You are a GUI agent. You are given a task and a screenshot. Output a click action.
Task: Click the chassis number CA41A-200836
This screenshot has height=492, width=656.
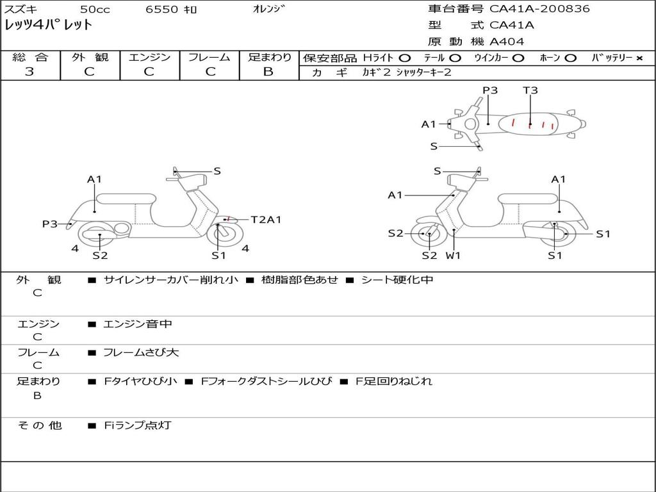click(539, 9)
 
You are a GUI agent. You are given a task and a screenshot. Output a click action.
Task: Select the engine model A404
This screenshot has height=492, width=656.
click(507, 42)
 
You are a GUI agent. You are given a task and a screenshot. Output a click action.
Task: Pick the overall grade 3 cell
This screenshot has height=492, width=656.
click(29, 72)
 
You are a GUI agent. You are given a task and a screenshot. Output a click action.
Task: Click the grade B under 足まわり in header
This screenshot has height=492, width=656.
click(268, 72)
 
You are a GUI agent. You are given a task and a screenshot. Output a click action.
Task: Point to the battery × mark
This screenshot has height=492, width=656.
click(639, 58)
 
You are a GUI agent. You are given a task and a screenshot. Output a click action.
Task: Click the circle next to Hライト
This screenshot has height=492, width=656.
click(405, 58)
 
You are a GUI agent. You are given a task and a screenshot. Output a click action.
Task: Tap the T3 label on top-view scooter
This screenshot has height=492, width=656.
click(530, 90)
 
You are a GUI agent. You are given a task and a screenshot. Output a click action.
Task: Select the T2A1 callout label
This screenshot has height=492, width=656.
click(266, 220)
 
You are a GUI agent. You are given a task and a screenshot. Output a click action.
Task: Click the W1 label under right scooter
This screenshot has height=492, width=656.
click(454, 256)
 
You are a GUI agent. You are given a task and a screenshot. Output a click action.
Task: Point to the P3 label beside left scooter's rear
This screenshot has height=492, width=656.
click(50, 224)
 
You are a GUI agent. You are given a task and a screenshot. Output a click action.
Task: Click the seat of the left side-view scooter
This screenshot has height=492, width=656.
click(126, 198)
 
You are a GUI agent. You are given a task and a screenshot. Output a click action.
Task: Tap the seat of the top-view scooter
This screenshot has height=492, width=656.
click(532, 124)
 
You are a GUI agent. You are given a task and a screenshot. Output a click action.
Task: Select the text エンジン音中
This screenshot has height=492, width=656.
click(138, 324)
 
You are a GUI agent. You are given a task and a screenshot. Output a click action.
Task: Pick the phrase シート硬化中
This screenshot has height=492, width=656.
click(397, 280)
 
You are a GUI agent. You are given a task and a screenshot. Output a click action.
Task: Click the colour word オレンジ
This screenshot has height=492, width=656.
click(269, 9)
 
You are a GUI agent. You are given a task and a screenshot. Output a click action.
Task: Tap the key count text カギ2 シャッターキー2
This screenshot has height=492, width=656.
click(407, 72)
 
